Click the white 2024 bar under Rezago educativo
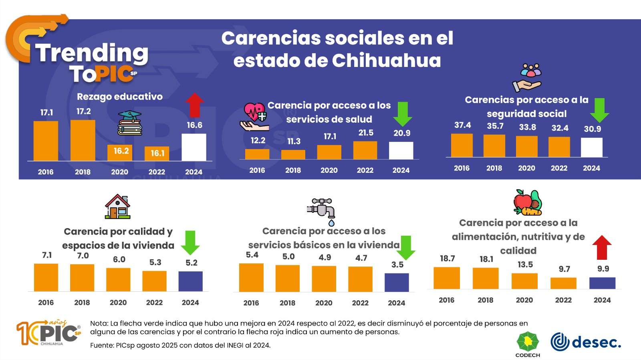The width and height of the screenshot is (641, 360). click(x=194, y=147)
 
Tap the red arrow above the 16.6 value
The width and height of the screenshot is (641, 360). click(x=195, y=105)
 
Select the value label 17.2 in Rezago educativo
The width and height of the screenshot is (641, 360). click(x=84, y=111)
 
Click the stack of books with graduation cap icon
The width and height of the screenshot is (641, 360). click(x=130, y=123)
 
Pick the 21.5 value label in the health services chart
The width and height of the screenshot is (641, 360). click(x=366, y=133)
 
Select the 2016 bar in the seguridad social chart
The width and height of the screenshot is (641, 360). click(x=462, y=145)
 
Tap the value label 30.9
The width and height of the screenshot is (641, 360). click(x=592, y=129)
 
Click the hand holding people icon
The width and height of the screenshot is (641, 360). click(x=528, y=78)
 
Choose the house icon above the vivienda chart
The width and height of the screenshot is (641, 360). click(x=118, y=206)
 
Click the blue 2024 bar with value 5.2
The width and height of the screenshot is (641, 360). click(x=190, y=281)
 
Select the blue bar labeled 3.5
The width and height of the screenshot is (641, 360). click(x=397, y=282)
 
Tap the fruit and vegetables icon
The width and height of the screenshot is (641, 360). click(x=528, y=203)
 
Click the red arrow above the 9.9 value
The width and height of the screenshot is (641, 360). click(x=602, y=247)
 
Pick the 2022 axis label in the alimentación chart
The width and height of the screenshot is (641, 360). click(x=563, y=300)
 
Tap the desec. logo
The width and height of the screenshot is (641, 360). click(x=586, y=342)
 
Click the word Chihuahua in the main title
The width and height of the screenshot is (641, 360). click(x=386, y=61)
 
